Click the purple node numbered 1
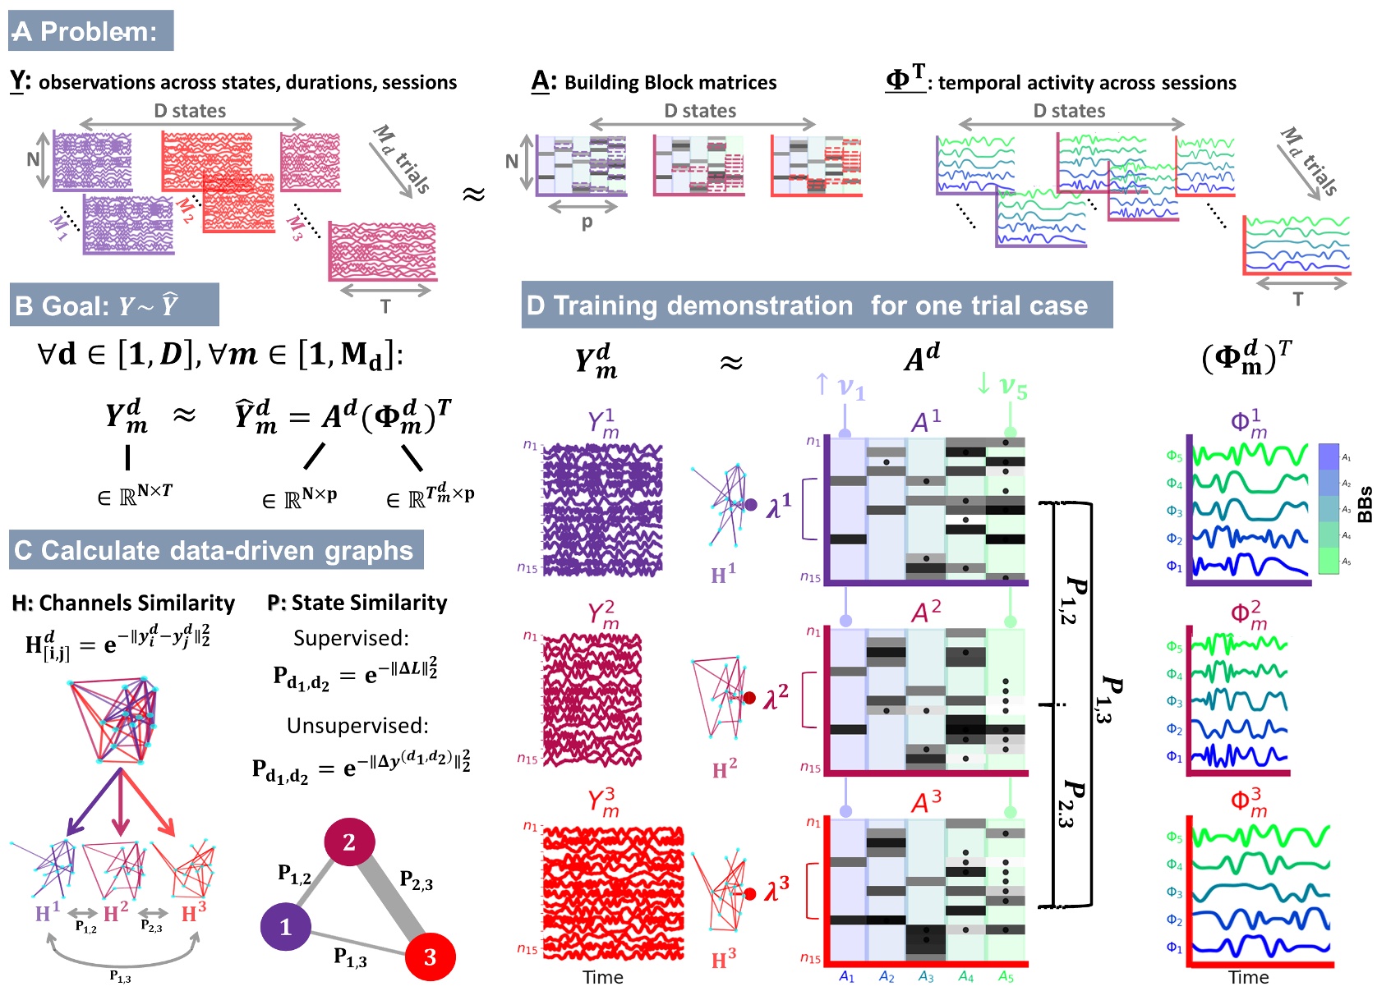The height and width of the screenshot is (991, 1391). pos(285,926)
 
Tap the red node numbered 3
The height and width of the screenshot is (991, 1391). pos(430,957)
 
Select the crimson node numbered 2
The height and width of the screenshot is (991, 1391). pos(349,842)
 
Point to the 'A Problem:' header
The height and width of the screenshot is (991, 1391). pos(90,31)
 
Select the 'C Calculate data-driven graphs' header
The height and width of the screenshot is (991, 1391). pos(215,550)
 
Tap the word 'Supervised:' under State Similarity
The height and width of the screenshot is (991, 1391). pos(351,638)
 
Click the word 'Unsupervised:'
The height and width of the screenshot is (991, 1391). pos(357,726)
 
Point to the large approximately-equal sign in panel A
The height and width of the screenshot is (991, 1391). pos(473,195)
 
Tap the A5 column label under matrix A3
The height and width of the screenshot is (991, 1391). pos(1006,977)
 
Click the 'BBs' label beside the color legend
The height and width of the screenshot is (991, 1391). pos(1365,504)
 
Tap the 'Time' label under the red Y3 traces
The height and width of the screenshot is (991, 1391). pos(602,977)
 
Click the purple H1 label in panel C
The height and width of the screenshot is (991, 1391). pos(47,913)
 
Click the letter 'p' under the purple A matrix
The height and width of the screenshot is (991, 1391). pos(586,223)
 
